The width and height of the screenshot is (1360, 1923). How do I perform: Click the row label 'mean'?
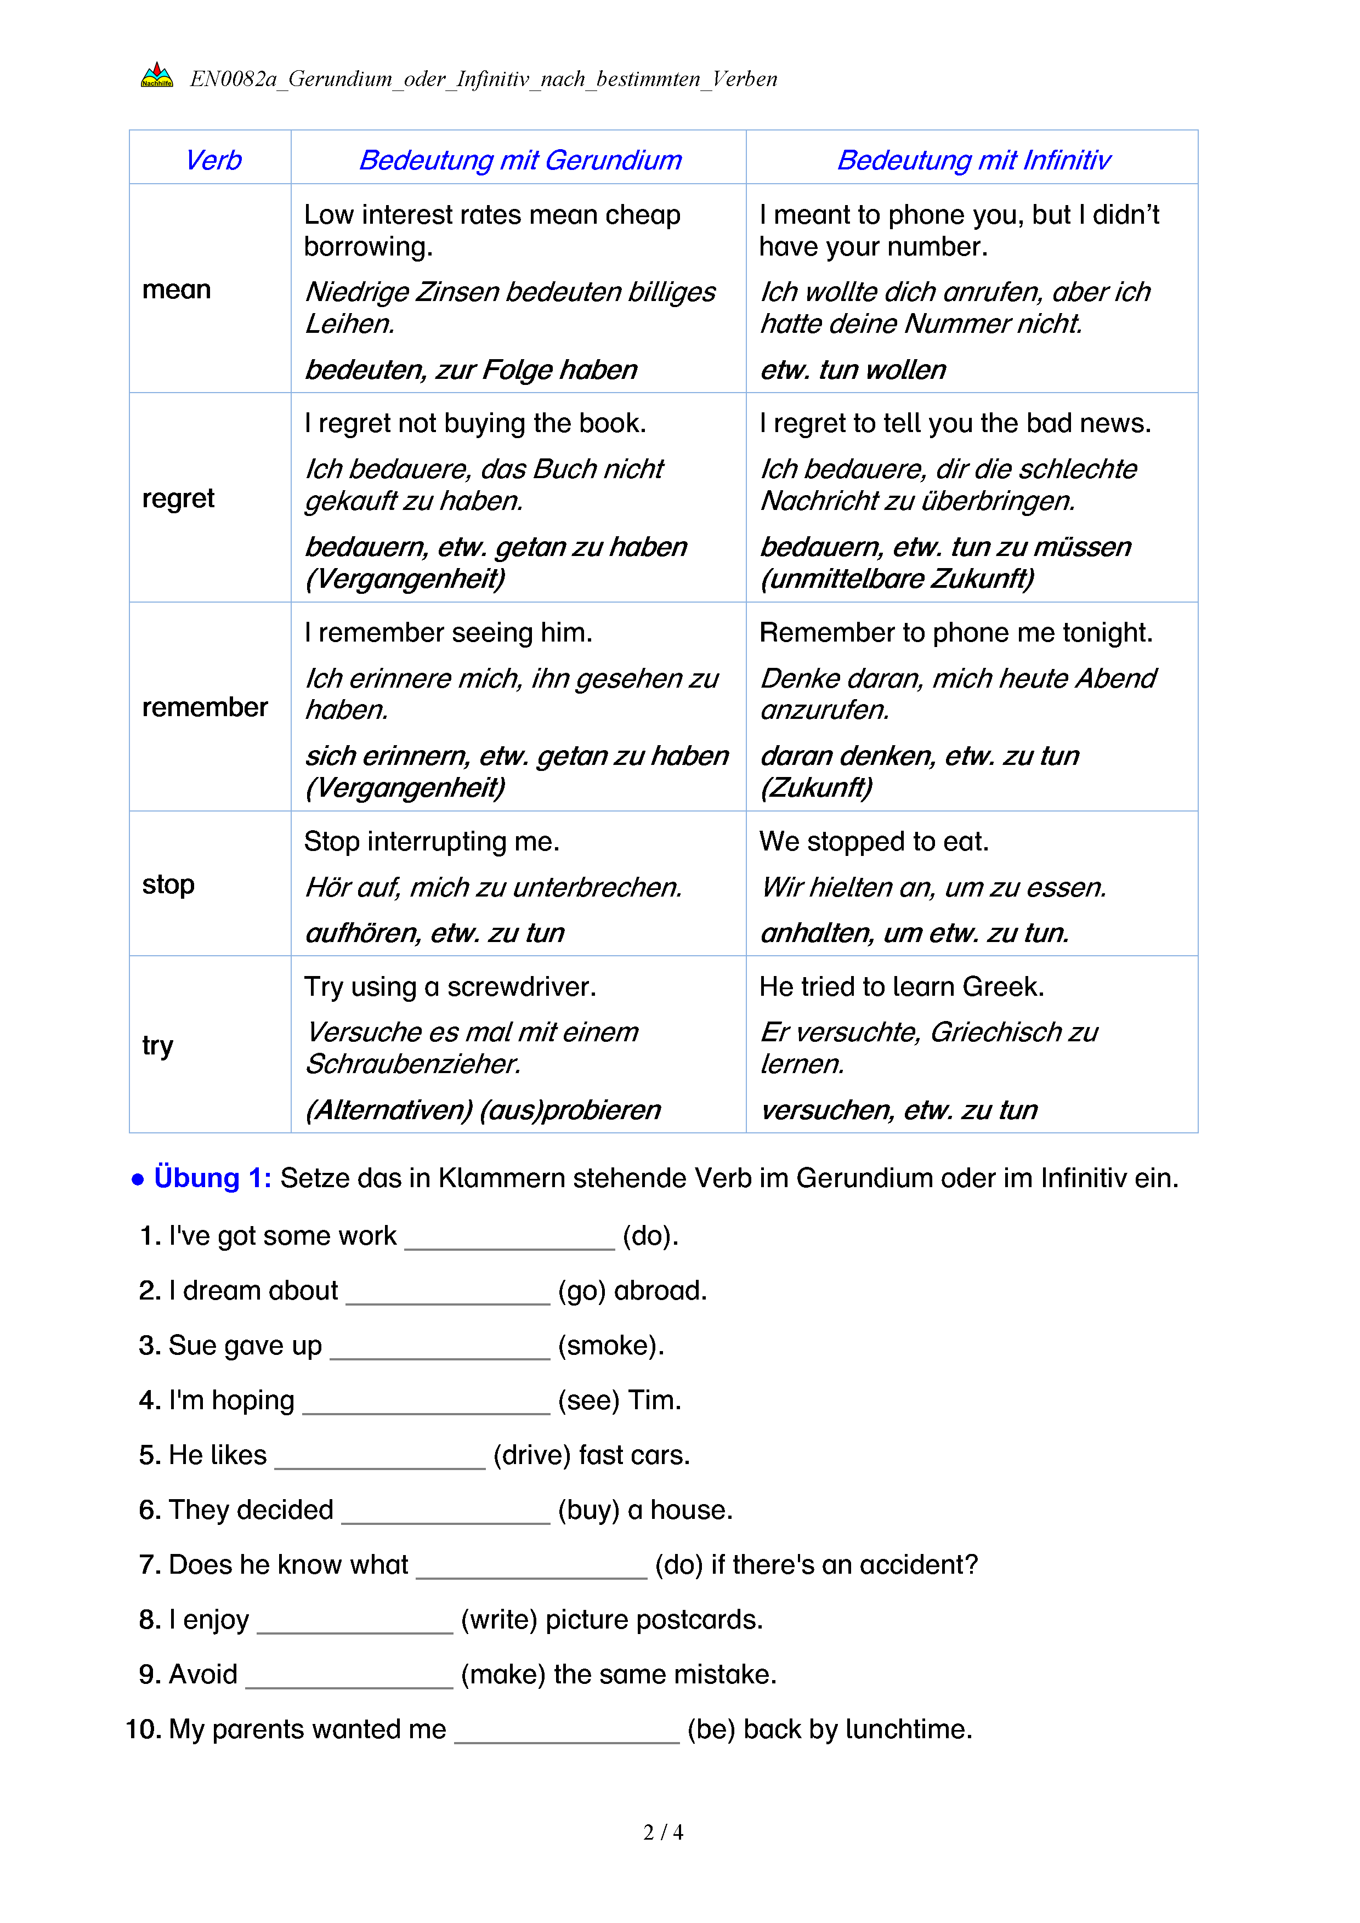coord(177,290)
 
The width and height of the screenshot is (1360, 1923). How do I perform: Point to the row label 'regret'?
coord(178,498)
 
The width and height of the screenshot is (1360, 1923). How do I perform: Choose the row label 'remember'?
coord(205,708)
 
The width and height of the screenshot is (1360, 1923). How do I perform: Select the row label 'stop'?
coord(168,884)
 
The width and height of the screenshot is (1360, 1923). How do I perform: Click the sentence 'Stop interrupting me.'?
coord(431,842)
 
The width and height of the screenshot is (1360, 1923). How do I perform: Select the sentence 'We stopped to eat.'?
coord(874,842)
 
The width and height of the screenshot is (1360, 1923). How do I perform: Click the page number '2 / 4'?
coord(662,1833)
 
